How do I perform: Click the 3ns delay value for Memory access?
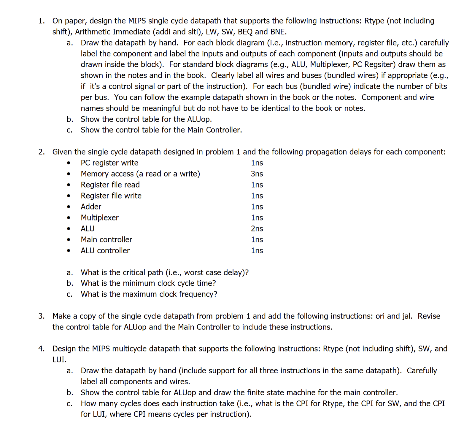click(x=257, y=174)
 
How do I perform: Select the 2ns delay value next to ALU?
click(x=257, y=228)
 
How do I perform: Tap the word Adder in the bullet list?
click(x=91, y=207)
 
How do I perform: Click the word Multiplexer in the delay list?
click(x=100, y=217)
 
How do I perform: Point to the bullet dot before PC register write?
click(x=69, y=163)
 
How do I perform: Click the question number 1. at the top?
click(x=42, y=21)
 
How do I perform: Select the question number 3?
click(x=42, y=316)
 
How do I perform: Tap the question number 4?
click(x=42, y=348)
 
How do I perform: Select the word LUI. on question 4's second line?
click(x=59, y=359)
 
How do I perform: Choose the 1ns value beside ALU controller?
click(x=257, y=250)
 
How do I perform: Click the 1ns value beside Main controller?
click(x=257, y=239)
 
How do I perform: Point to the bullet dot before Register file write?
click(x=69, y=196)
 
